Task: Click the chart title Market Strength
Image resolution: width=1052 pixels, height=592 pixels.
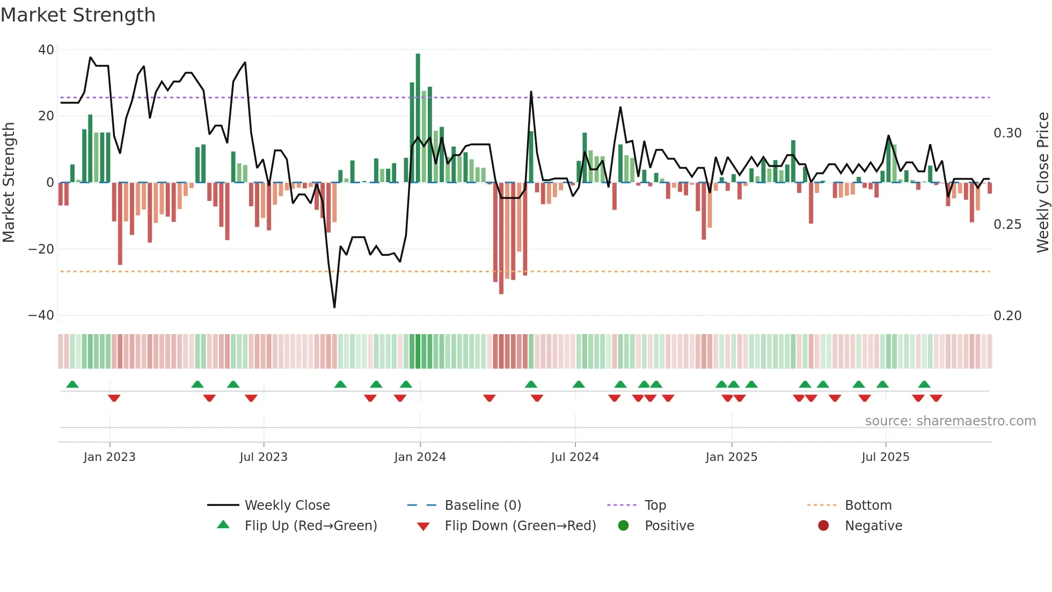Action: pyautogui.click(x=78, y=15)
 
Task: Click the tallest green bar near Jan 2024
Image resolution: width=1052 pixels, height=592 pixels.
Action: pyautogui.click(x=418, y=118)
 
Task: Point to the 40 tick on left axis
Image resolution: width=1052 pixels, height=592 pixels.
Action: pyautogui.click(x=46, y=50)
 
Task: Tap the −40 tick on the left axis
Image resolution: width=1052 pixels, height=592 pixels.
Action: pyautogui.click(x=41, y=315)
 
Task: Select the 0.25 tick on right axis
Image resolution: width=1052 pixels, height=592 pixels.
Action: pyautogui.click(x=1007, y=225)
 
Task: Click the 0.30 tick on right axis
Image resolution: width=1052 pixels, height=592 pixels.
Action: pyautogui.click(x=1007, y=133)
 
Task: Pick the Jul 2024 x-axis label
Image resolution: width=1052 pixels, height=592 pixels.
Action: pyautogui.click(x=575, y=457)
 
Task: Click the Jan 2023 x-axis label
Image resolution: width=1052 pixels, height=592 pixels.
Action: pyautogui.click(x=109, y=457)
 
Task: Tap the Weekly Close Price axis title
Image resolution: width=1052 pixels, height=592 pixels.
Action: pyautogui.click(x=1042, y=183)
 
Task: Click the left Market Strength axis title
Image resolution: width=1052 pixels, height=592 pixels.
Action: pyautogui.click(x=9, y=183)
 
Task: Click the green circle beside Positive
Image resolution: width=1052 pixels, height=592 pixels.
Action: pyautogui.click(x=623, y=526)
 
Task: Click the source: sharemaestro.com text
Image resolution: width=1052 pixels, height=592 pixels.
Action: pyautogui.click(x=950, y=421)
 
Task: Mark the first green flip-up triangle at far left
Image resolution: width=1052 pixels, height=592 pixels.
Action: pyautogui.click(x=72, y=384)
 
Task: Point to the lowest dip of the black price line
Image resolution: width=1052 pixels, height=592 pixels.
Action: pyautogui.click(x=334, y=307)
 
